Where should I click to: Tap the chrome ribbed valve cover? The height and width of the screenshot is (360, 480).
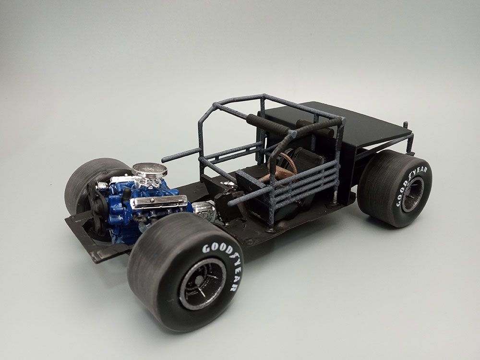[x=159, y=202]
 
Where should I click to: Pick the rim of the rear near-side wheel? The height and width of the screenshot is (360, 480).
[x=413, y=195]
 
